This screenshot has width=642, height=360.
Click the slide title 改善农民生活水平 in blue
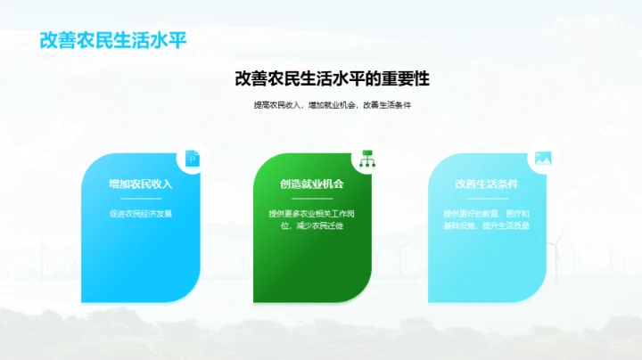(x=112, y=41)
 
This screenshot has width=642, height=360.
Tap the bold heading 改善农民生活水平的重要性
(x=332, y=79)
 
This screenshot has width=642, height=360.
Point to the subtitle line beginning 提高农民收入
(x=332, y=106)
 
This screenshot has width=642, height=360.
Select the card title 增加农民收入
(x=140, y=184)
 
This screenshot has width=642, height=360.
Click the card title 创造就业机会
(x=312, y=184)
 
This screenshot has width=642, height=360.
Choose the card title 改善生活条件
(x=486, y=184)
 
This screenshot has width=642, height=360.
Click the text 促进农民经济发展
(x=140, y=214)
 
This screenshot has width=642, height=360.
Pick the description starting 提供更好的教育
(x=486, y=220)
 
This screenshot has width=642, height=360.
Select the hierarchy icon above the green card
(x=366, y=159)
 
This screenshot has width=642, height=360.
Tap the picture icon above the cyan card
(x=541, y=159)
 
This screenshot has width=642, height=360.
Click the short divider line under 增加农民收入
(x=140, y=199)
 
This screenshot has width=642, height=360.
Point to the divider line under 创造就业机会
(x=312, y=199)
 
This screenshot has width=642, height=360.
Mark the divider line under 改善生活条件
(x=486, y=199)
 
